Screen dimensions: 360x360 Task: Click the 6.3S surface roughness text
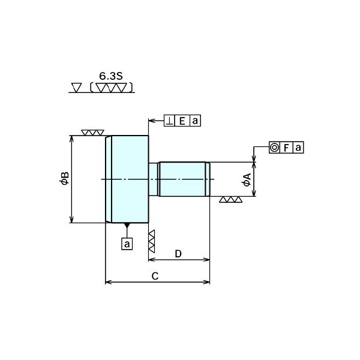click(110, 77)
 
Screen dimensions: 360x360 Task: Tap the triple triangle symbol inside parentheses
click(112, 88)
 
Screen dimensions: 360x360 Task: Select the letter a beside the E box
click(194, 121)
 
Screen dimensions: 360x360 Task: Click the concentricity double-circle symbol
click(274, 147)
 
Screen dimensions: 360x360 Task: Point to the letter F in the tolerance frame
click(287, 147)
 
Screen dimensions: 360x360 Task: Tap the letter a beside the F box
click(298, 147)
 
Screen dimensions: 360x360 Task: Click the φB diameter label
click(65, 179)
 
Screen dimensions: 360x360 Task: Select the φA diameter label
click(247, 179)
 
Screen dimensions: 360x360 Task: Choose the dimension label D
click(178, 254)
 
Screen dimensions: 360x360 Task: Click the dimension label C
click(155, 276)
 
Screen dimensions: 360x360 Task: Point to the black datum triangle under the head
click(127, 226)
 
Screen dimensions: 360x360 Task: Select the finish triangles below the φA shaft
click(231, 200)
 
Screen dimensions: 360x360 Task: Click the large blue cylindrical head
click(127, 179)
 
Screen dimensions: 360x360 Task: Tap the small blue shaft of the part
click(183, 179)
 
